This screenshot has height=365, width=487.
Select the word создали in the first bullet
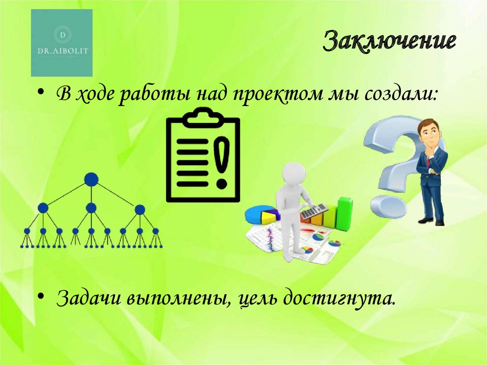click(400, 93)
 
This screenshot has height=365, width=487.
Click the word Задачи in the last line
click(88, 298)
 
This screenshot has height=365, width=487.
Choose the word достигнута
click(340, 298)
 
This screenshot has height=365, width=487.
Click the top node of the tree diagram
click(91, 179)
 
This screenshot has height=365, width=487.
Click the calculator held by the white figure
click(314, 211)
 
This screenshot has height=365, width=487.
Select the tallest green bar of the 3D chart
click(344, 214)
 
